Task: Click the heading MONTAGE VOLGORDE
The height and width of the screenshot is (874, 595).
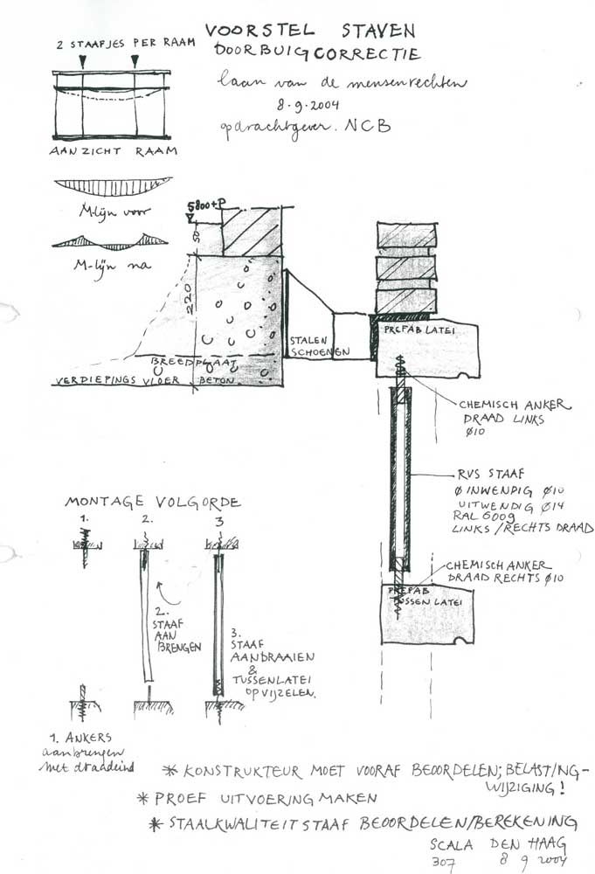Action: pyautogui.click(x=153, y=503)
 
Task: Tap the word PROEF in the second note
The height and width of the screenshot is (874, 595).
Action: pyautogui.click(x=184, y=798)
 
